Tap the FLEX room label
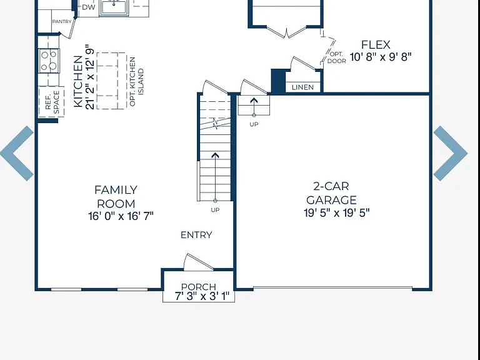click(x=376, y=45)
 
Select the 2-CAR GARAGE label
click(x=331, y=193)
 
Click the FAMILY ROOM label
click(x=116, y=197)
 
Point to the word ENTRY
click(x=196, y=235)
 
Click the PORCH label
click(x=198, y=287)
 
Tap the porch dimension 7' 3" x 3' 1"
click(x=202, y=296)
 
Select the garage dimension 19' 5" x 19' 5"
click(x=336, y=212)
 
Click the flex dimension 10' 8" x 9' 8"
click(x=381, y=57)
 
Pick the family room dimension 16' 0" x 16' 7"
click(x=121, y=216)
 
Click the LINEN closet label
click(x=302, y=87)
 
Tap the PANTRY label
click(x=62, y=21)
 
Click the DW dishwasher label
click(x=89, y=7)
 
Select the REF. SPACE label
click(x=52, y=102)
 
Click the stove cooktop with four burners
click(x=49, y=61)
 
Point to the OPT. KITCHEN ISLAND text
click(x=136, y=81)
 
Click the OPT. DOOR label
click(x=336, y=57)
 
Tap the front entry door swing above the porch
click(x=198, y=262)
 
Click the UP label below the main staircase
click(x=215, y=210)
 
